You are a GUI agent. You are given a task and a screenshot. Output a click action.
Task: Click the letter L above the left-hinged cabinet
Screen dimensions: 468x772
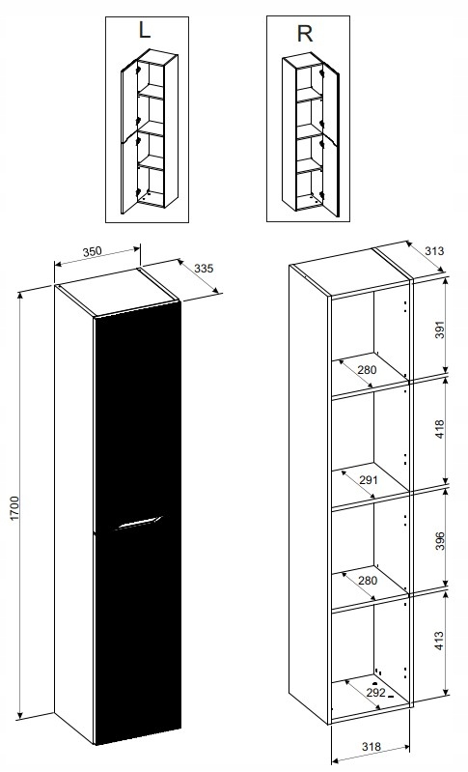pos(145,31)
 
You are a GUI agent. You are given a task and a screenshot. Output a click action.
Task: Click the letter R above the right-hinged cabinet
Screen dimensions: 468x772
pos(305,34)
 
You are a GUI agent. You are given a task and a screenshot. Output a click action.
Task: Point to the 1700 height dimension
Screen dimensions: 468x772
pos(14,508)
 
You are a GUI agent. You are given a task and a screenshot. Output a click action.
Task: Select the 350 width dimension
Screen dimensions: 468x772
pos(92,251)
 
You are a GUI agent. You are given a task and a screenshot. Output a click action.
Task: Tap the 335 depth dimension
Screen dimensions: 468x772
pos(204,269)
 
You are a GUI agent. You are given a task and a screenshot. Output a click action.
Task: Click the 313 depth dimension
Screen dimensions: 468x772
pos(434,250)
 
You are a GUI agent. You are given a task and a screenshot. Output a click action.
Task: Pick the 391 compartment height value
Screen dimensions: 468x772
pos(439,330)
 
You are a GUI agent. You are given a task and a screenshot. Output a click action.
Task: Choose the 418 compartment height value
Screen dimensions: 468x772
pos(439,429)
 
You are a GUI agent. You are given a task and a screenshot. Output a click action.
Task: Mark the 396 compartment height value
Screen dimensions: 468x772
pos(439,541)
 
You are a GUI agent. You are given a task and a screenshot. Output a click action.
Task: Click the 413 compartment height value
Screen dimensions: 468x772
pos(439,641)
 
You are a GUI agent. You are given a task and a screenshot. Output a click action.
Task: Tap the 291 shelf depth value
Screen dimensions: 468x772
pos(368,479)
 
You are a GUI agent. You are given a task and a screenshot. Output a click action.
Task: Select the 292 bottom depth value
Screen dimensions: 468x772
pos(376,692)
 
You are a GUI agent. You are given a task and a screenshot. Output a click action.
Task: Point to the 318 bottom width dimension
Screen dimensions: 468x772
pos(372,747)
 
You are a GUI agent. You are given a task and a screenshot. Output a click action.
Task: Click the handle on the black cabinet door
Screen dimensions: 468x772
pos(138,524)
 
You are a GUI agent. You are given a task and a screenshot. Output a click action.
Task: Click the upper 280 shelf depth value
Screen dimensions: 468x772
pos(367,370)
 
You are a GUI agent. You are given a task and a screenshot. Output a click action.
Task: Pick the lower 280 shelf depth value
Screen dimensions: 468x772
pos(368,581)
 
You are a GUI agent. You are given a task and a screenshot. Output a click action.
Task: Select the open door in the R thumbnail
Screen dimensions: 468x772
pos(330,140)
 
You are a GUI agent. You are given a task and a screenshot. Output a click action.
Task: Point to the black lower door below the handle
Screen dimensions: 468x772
pos(138,635)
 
